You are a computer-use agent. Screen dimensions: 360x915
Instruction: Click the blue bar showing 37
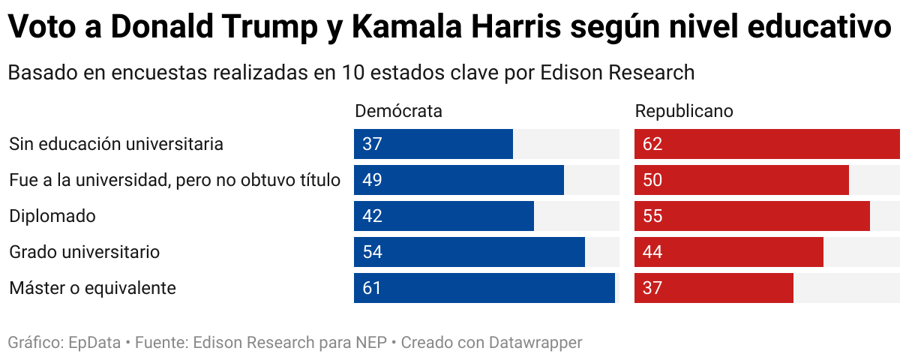(433, 144)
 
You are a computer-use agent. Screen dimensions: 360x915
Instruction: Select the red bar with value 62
(766, 144)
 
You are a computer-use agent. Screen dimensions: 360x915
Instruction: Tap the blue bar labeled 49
(459, 180)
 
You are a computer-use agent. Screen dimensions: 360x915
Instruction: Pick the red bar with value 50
(741, 180)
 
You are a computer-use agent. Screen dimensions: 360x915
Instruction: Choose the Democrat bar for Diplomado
(444, 216)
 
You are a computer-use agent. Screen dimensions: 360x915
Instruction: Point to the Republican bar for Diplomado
(751, 216)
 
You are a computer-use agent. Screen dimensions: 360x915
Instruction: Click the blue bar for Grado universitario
(469, 252)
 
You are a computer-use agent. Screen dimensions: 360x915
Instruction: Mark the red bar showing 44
(729, 252)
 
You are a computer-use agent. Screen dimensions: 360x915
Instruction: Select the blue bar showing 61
(484, 288)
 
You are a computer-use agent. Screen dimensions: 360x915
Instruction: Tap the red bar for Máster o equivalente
(714, 288)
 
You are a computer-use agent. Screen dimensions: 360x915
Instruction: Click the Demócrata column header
(398, 111)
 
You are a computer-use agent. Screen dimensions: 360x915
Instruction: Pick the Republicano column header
(684, 111)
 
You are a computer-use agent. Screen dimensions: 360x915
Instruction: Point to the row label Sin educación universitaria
(116, 144)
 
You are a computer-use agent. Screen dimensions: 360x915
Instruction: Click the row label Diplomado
(52, 216)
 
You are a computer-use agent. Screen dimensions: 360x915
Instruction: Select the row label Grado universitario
(85, 252)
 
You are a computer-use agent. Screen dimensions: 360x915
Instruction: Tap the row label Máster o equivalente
(92, 288)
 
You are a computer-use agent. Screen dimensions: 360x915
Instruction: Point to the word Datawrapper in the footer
(535, 343)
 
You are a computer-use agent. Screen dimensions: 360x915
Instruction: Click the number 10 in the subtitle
(352, 73)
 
